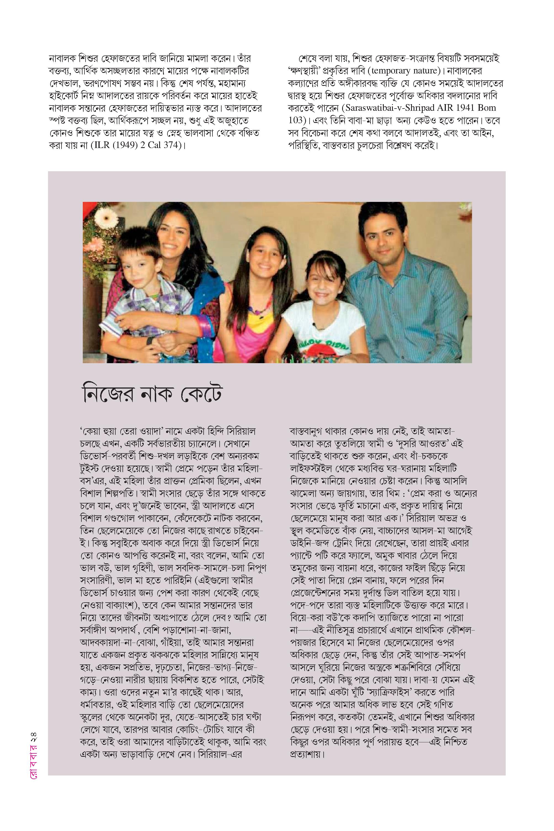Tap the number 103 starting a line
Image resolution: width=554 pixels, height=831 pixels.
[x=296, y=120]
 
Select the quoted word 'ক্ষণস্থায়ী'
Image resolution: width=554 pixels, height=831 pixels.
[x=307, y=71]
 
